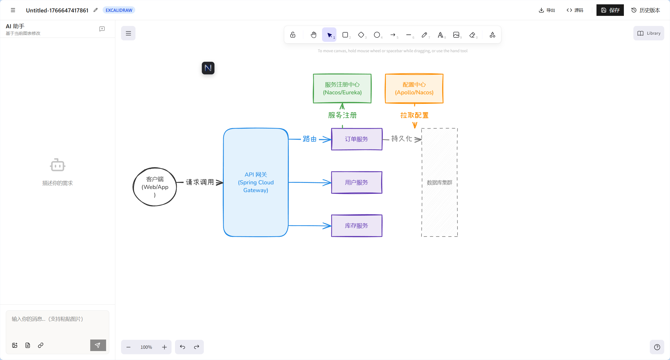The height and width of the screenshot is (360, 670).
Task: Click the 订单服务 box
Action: click(357, 139)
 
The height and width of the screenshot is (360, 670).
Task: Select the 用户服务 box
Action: click(357, 182)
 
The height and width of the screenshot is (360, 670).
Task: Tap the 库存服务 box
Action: click(357, 226)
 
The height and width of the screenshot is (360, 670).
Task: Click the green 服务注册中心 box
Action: click(342, 88)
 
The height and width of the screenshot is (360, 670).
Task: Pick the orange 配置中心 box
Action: click(414, 88)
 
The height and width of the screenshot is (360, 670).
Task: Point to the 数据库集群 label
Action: click(439, 183)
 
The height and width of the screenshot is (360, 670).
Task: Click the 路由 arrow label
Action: click(310, 139)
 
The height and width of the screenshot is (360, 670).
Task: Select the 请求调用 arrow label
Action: click(200, 182)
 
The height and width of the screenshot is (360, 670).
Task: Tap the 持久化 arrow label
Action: click(402, 139)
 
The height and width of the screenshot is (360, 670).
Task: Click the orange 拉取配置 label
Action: click(414, 115)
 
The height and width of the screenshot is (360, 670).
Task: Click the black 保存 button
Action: click(610, 10)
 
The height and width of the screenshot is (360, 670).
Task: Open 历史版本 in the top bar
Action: click(645, 10)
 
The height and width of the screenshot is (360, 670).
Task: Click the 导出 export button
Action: click(547, 10)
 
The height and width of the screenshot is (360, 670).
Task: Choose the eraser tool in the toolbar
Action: click(472, 35)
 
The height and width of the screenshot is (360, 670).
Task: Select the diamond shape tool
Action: click(361, 35)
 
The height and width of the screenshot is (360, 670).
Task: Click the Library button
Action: click(649, 33)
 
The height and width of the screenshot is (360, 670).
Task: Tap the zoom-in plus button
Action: click(164, 347)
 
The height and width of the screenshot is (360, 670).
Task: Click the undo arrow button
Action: click(182, 347)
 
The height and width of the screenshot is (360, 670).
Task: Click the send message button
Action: click(98, 345)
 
